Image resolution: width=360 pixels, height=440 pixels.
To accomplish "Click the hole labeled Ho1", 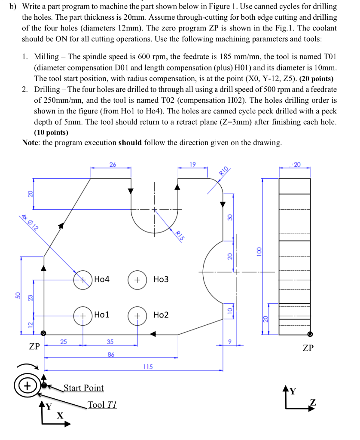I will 82,315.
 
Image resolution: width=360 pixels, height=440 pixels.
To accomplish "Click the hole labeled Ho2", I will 137,315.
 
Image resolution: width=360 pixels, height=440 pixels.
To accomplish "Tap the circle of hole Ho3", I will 137,280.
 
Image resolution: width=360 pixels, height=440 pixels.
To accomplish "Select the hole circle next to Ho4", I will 82,280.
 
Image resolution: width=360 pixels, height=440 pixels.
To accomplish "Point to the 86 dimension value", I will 110,354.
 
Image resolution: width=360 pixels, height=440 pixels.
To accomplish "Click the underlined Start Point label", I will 84,388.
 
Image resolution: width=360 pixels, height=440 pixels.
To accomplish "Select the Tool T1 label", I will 101,405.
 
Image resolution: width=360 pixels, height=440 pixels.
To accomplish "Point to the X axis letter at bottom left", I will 60,416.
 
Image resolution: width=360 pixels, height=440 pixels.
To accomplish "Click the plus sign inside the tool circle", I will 27,385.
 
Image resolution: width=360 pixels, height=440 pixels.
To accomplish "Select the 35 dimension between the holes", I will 110,342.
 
